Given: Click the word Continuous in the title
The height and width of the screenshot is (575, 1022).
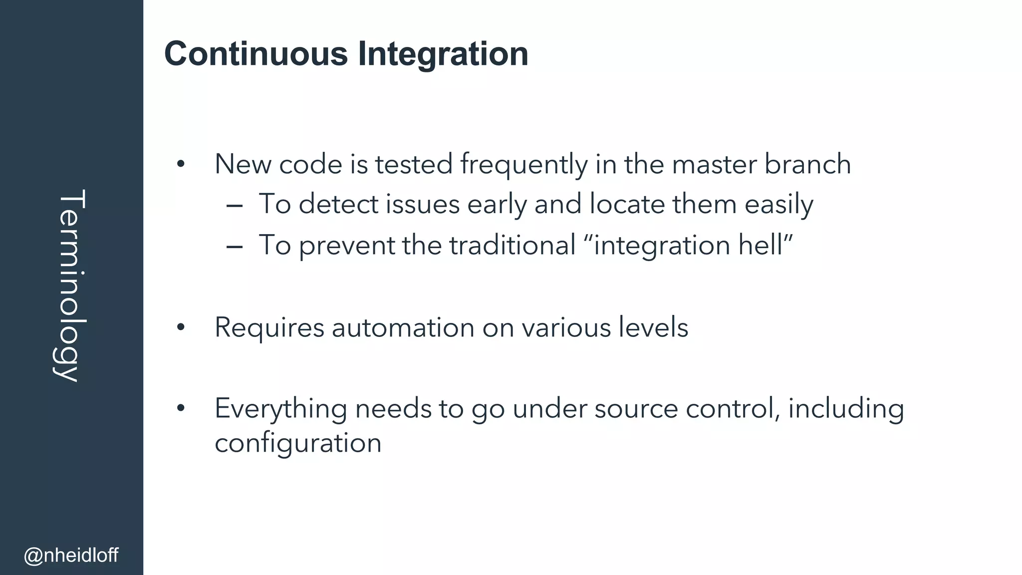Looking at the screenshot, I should (255, 54).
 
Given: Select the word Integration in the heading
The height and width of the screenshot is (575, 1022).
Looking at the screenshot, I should (443, 54).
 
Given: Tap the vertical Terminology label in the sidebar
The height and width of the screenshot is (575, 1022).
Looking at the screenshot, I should (71, 286).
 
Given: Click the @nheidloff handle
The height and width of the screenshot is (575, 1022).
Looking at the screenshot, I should (71, 555).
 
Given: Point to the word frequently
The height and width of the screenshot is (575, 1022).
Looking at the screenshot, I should (524, 165).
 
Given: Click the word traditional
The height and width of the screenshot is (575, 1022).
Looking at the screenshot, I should (512, 245).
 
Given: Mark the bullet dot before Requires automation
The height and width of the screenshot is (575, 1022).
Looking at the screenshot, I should (181, 328).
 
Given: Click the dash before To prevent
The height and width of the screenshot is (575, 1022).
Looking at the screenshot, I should (234, 246).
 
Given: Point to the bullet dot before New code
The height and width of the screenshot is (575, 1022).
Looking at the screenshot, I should (181, 164).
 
